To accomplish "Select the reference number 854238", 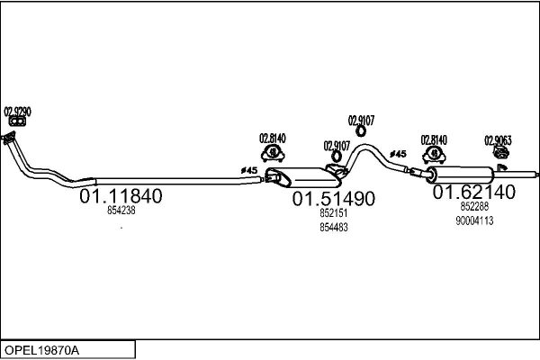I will [x=121, y=211].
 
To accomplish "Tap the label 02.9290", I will [x=18, y=111].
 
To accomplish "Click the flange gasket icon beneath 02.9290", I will [x=14, y=121].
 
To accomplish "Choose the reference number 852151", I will [x=333, y=214].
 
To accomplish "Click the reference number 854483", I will [x=333, y=228].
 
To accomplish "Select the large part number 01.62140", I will [x=473, y=192].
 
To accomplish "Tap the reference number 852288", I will [x=474, y=206].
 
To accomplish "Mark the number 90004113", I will [x=474, y=220].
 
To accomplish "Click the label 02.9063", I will [x=498, y=139].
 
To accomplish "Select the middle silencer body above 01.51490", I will [x=301, y=175].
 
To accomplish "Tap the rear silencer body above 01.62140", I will [x=459, y=174].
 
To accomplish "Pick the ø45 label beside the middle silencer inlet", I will [x=248, y=170].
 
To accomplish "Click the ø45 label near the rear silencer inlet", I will [x=399, y=154].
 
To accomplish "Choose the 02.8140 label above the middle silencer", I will [x=272, y=138].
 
